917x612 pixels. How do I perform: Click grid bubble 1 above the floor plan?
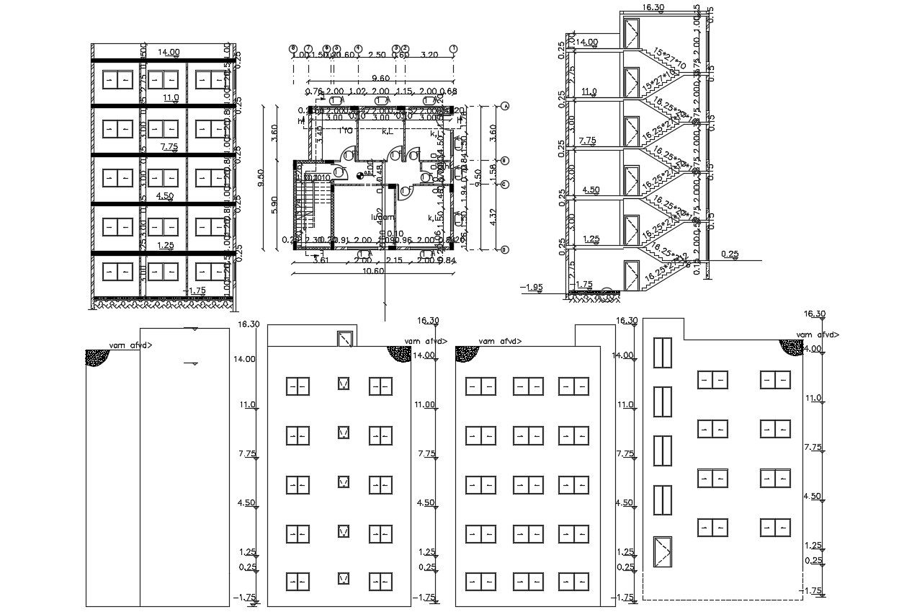(454, 48)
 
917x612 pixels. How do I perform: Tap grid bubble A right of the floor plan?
(505, 106)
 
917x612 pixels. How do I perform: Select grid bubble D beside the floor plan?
(505, 249)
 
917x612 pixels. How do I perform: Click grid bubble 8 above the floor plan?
(292, 48)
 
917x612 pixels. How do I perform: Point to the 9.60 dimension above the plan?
(381, 79)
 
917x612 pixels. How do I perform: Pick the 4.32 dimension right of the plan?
(492, 214)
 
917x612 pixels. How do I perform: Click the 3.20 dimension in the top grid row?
(429, 55)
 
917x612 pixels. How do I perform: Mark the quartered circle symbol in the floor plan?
(359, 173)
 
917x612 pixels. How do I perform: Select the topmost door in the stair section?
(632, 32)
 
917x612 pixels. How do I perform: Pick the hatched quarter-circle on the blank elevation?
(97, 358)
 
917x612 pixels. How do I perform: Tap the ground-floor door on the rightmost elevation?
(661, 554)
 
